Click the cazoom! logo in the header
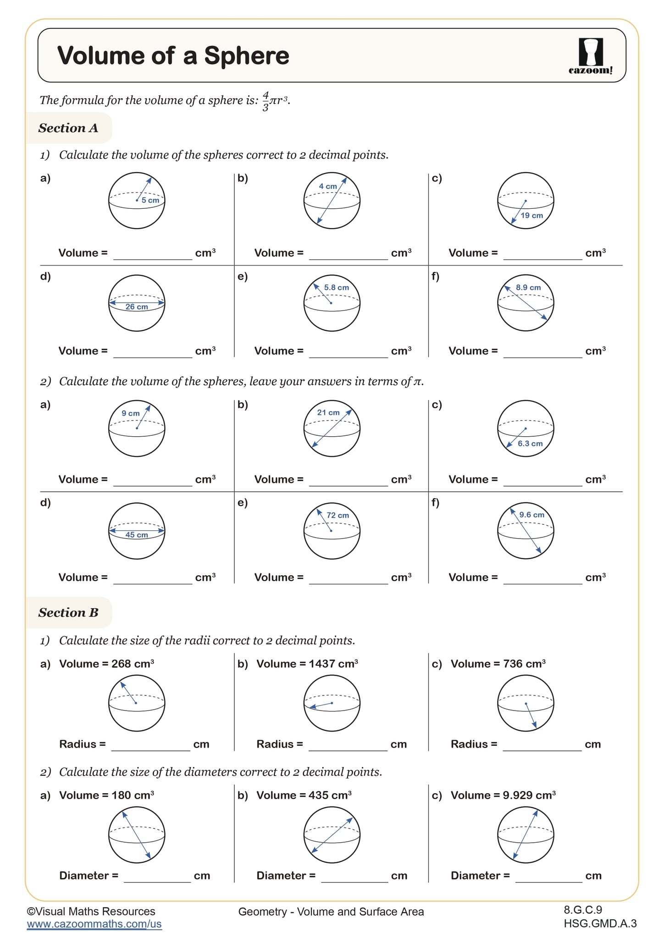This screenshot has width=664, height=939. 591,56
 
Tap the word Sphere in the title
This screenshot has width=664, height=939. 247,56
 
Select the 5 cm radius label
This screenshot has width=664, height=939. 150,200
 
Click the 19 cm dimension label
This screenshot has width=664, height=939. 531,216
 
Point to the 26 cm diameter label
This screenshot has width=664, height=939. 137,307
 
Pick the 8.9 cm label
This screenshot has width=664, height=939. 528,288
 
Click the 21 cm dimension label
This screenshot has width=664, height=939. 328,412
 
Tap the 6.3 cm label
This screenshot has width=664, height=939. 530,444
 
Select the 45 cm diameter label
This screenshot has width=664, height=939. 137,535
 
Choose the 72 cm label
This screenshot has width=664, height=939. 338,515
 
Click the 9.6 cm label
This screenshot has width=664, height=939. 532,515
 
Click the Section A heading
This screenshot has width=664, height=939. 68,128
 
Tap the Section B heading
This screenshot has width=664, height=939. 68,612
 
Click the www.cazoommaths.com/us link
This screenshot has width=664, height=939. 94,924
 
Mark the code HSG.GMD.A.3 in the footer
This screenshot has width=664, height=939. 600,923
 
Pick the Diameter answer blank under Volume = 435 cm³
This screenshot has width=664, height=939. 354,877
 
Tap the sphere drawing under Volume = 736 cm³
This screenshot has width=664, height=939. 526,703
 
